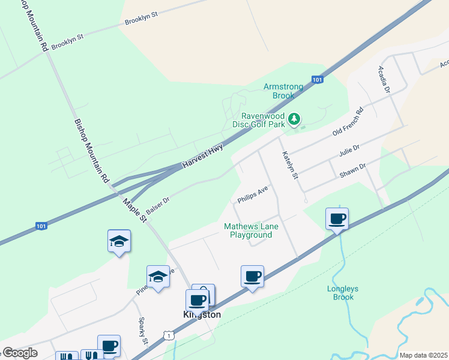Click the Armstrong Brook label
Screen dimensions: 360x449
point(279,91)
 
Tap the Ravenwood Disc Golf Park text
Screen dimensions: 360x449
point(262,120)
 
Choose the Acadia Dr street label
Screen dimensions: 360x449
point(384,79)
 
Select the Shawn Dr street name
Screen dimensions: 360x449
point(352,170)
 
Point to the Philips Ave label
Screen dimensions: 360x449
point(252,194)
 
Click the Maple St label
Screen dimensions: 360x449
point(135,209)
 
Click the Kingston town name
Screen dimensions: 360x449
point(202,314)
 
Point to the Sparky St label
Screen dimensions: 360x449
point(143,331)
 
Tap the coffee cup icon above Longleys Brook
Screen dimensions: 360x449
point(337,218)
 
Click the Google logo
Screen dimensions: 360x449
point(19,353)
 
